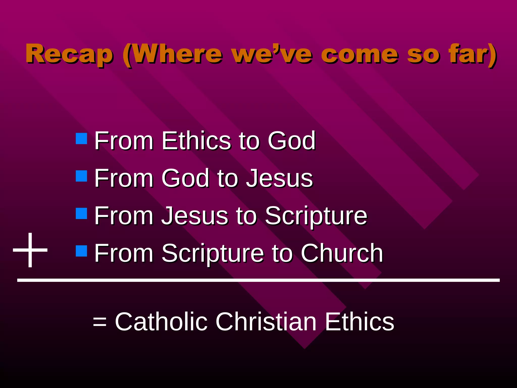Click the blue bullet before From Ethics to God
81,139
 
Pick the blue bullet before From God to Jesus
81,176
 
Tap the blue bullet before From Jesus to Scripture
81,213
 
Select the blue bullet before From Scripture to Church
81,251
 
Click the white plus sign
30,250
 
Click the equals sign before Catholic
99,322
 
